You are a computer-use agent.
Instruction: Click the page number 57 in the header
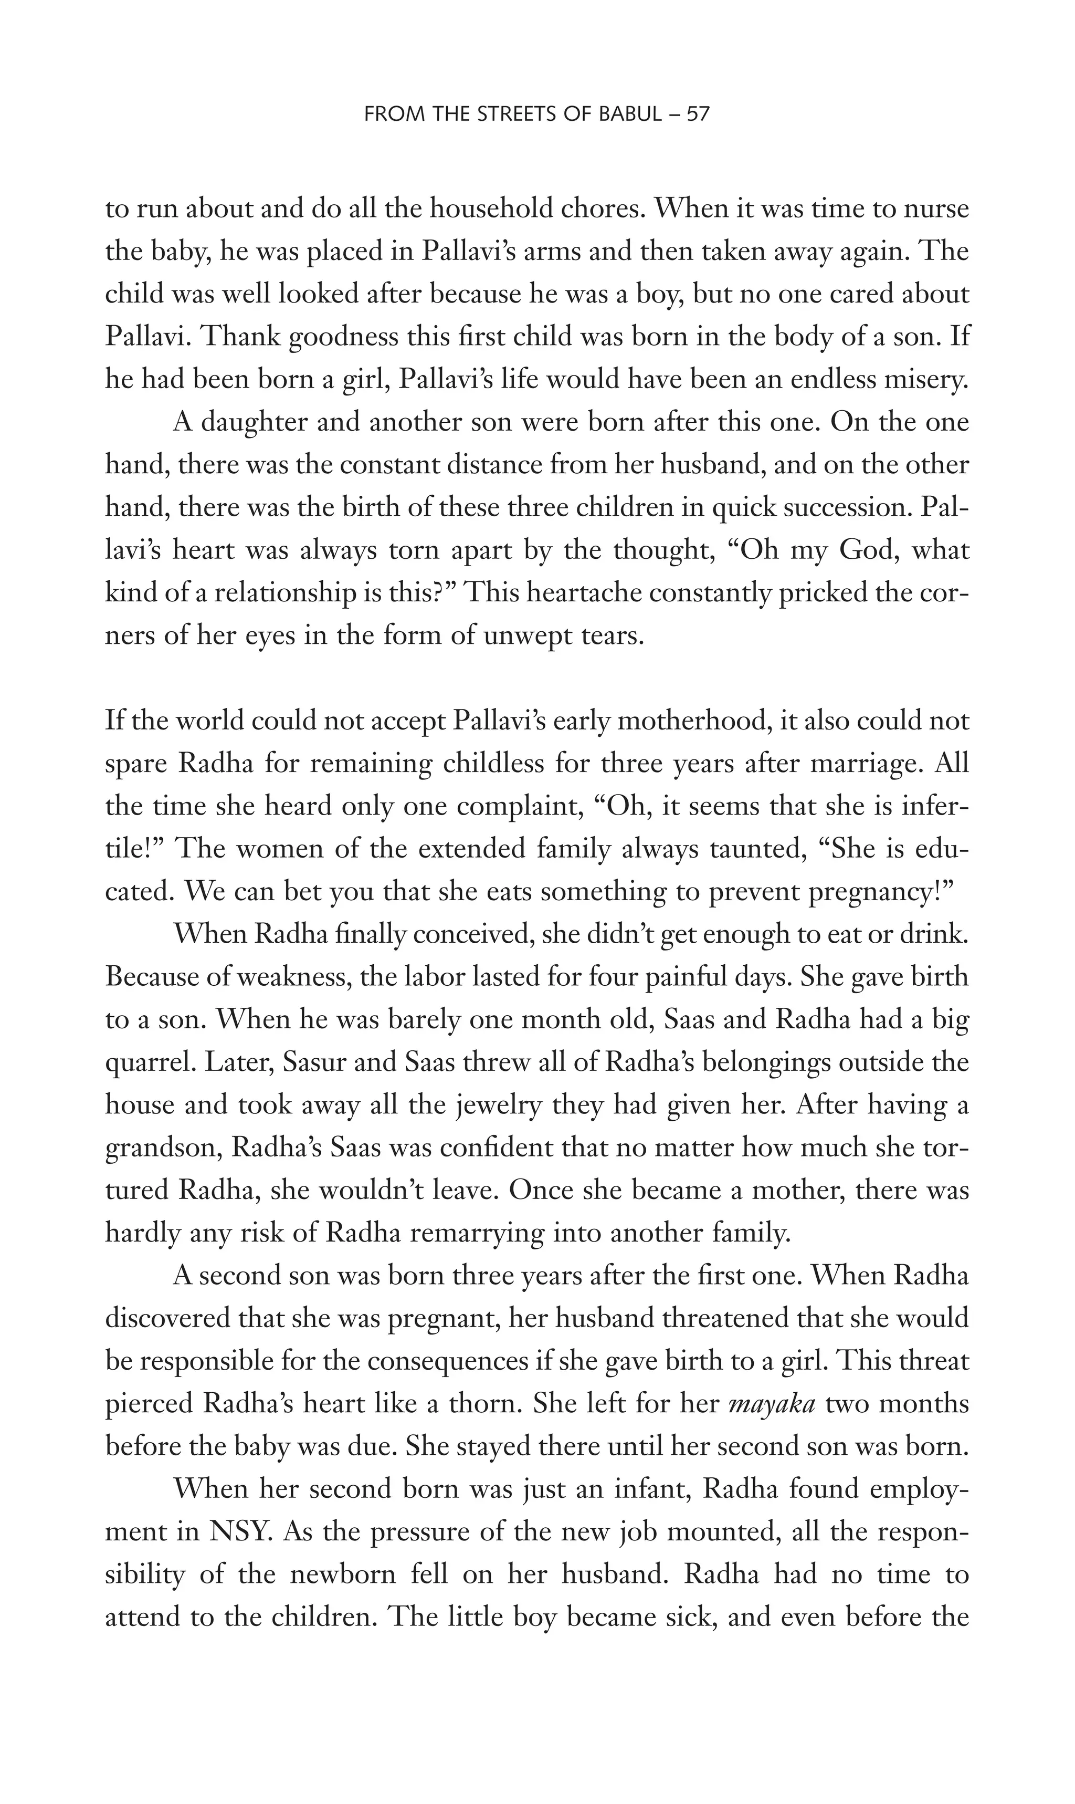pos(698,114)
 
